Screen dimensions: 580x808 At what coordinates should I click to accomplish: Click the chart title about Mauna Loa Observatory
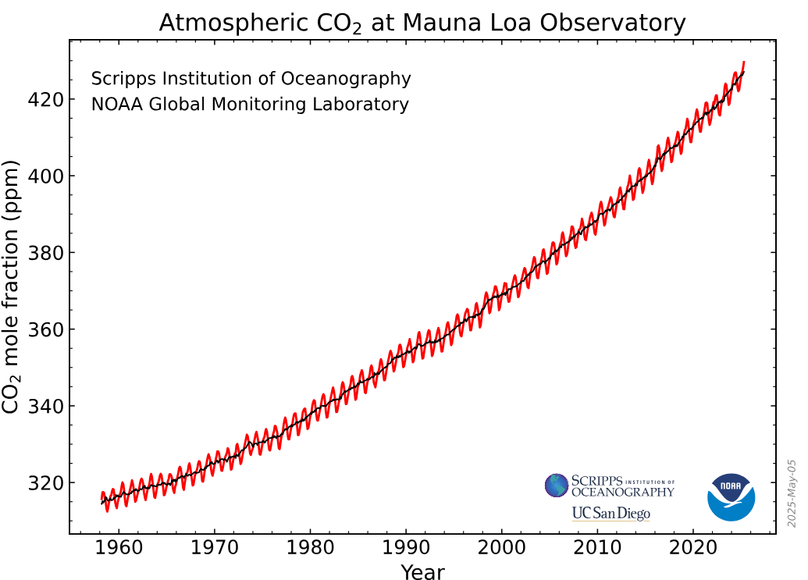[422, 23]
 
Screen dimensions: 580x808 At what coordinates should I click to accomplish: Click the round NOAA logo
[731, 496]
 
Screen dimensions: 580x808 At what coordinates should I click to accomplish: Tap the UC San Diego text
[610, 514]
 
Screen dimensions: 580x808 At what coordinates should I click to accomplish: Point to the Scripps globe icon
[557, 486]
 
